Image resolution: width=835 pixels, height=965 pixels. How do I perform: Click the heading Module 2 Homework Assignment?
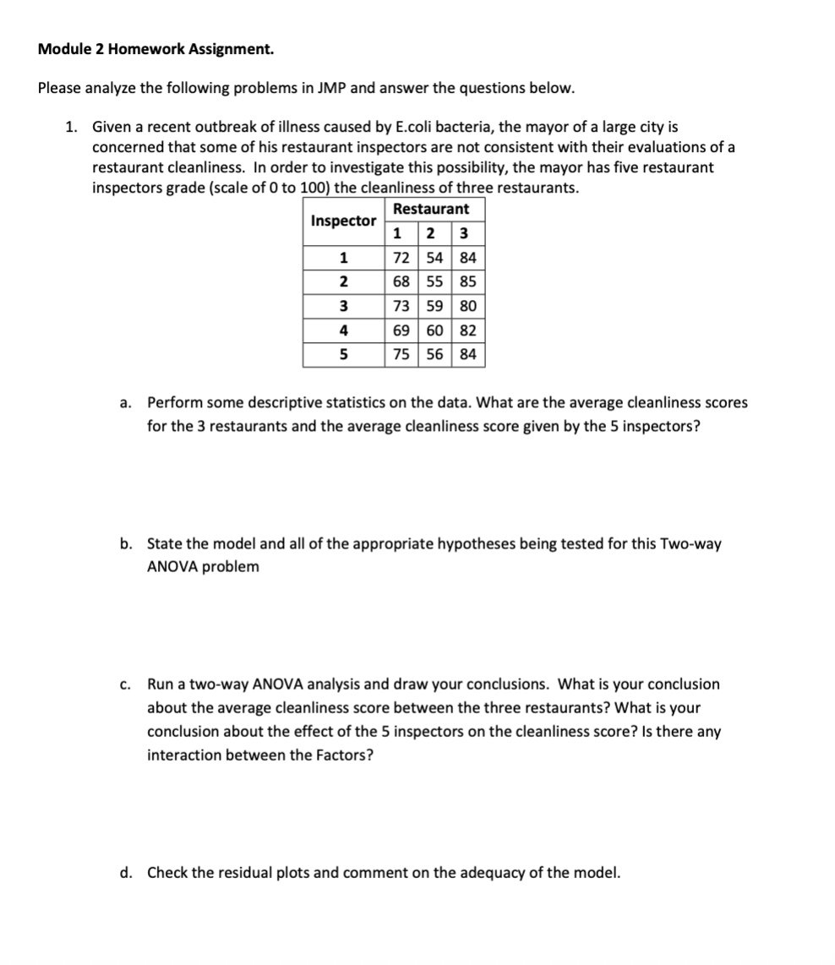[156, 49]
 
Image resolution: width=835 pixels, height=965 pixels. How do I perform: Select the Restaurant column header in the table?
[431, 209]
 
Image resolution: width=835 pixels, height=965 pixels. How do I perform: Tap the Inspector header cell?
[343, 221]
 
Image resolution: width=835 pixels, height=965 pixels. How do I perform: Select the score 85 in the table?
[467, 281]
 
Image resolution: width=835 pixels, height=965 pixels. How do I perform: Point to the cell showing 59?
[434, 306]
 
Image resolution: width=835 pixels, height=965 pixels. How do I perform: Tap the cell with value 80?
[467, 306]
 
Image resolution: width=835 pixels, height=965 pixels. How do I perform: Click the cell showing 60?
[434, 330]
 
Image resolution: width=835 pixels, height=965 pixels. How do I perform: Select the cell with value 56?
[434, 355]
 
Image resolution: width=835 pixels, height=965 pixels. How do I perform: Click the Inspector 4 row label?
[343, 330]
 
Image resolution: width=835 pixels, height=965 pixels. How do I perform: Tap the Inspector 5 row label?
[343, 355]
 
